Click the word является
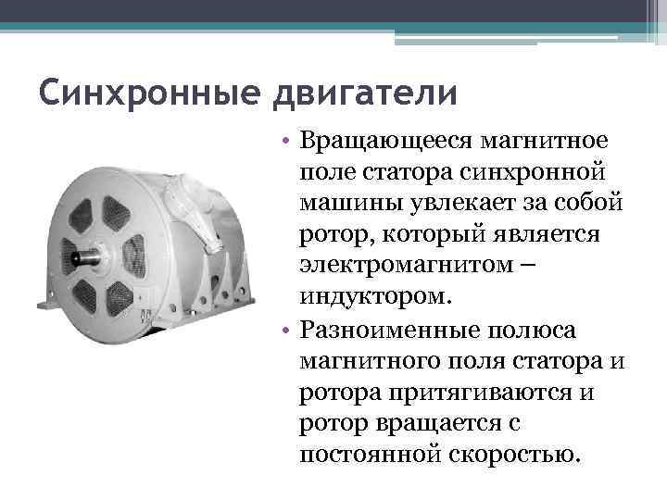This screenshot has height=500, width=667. point(547,235)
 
